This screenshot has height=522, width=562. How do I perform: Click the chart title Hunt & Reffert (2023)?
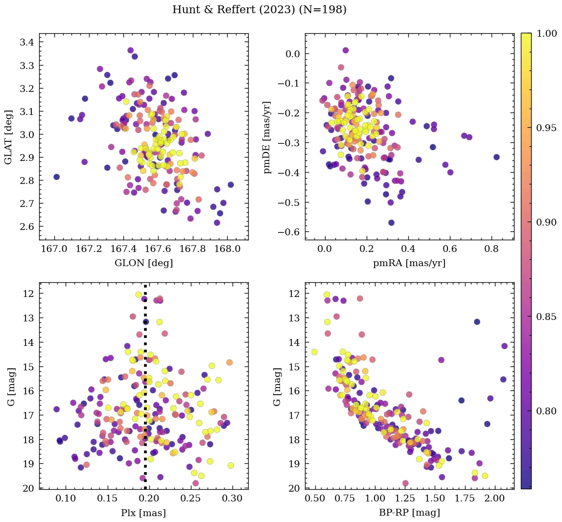coord(259,10)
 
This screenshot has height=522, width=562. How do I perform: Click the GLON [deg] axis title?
coord(143,263)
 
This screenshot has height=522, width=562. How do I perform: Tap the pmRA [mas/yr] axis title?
coord(409,263)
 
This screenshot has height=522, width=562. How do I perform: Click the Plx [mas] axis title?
coord(143,513)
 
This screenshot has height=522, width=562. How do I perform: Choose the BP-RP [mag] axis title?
coord(409,513)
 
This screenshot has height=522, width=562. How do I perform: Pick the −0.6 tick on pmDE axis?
coord(288,232)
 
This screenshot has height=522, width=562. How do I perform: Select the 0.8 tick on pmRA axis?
coord(492,249)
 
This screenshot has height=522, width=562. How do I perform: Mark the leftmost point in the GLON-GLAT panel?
coord(57,177)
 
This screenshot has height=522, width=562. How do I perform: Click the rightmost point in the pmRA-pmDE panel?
coord(496,157)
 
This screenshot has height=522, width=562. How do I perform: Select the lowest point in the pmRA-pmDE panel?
coord(391,223)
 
